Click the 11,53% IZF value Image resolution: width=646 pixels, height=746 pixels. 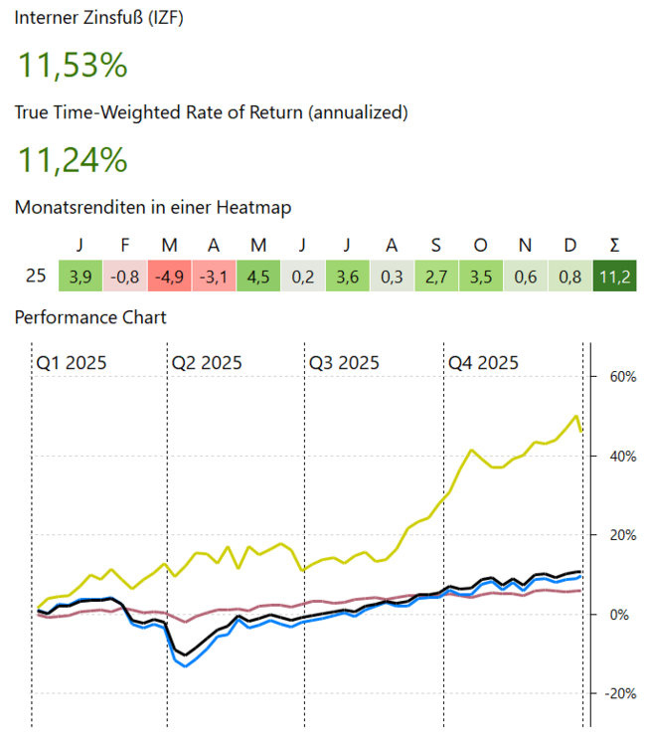(73, 67)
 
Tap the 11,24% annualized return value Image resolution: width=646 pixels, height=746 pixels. (73, 159)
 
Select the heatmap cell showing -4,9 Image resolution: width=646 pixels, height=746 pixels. (171, 277)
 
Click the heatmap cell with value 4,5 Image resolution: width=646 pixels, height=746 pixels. (258, 277)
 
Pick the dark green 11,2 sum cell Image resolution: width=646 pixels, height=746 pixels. (614, 277)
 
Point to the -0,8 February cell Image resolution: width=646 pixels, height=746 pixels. (126, 277)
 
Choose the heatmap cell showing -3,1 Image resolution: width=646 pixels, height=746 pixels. (215, 277)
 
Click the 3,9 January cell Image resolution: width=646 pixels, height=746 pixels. (81, 277)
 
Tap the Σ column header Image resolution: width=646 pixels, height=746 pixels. (614, 246)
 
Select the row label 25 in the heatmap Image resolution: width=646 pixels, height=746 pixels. (35, 277)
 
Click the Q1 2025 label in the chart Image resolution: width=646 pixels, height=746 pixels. (72, 363)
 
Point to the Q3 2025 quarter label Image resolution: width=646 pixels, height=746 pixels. (344, 363)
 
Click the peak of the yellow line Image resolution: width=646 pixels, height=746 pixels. (576, 416)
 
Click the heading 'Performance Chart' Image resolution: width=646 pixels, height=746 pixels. (90, 317)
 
